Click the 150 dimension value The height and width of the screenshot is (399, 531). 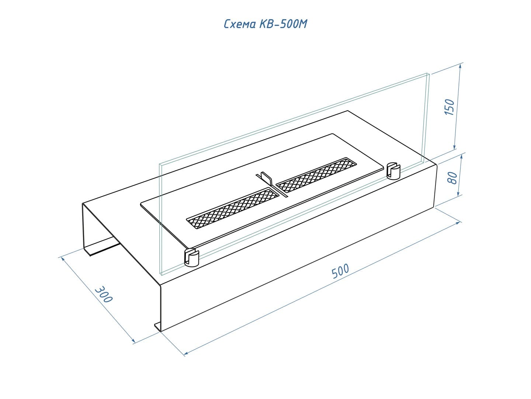click(x=450, y=107)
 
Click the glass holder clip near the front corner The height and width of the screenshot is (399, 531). click(x=191, y=258)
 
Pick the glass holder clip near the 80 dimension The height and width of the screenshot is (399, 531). click(x=394, y=170)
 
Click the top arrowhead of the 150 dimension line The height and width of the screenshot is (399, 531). click(x=460, y=65)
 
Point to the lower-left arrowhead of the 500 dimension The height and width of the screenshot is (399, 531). click(x=185, y=354)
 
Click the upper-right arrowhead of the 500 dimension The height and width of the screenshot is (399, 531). click(x=459, y=222)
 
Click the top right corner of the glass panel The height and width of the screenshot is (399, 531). click(x=428, y=74)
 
